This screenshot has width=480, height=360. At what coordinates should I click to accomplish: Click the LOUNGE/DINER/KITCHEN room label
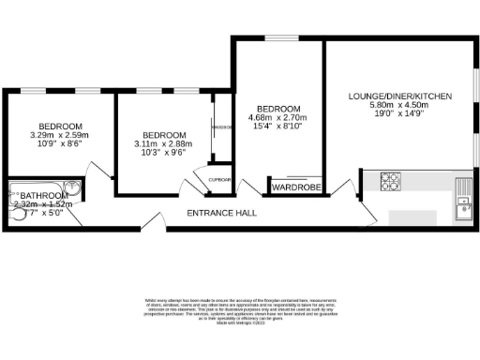[x=400, y=97]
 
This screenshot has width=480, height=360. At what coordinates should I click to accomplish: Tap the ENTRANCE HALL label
[x=222, y=214]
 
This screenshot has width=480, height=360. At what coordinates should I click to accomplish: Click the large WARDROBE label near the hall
[x=296, y=187]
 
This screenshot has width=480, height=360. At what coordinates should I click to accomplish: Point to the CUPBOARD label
[x=220, y=179]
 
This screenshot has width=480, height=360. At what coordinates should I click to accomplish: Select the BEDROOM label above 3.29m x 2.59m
[x=60, y=127]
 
